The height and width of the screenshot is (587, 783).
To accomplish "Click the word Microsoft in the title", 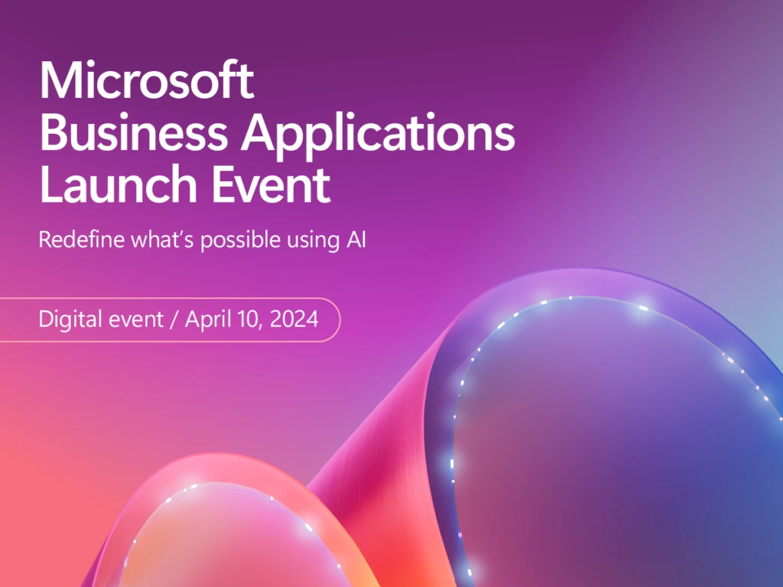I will (146, 81).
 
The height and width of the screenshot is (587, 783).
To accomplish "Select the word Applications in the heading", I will (379, 133).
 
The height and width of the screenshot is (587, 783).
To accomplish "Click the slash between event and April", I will (175, 319).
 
